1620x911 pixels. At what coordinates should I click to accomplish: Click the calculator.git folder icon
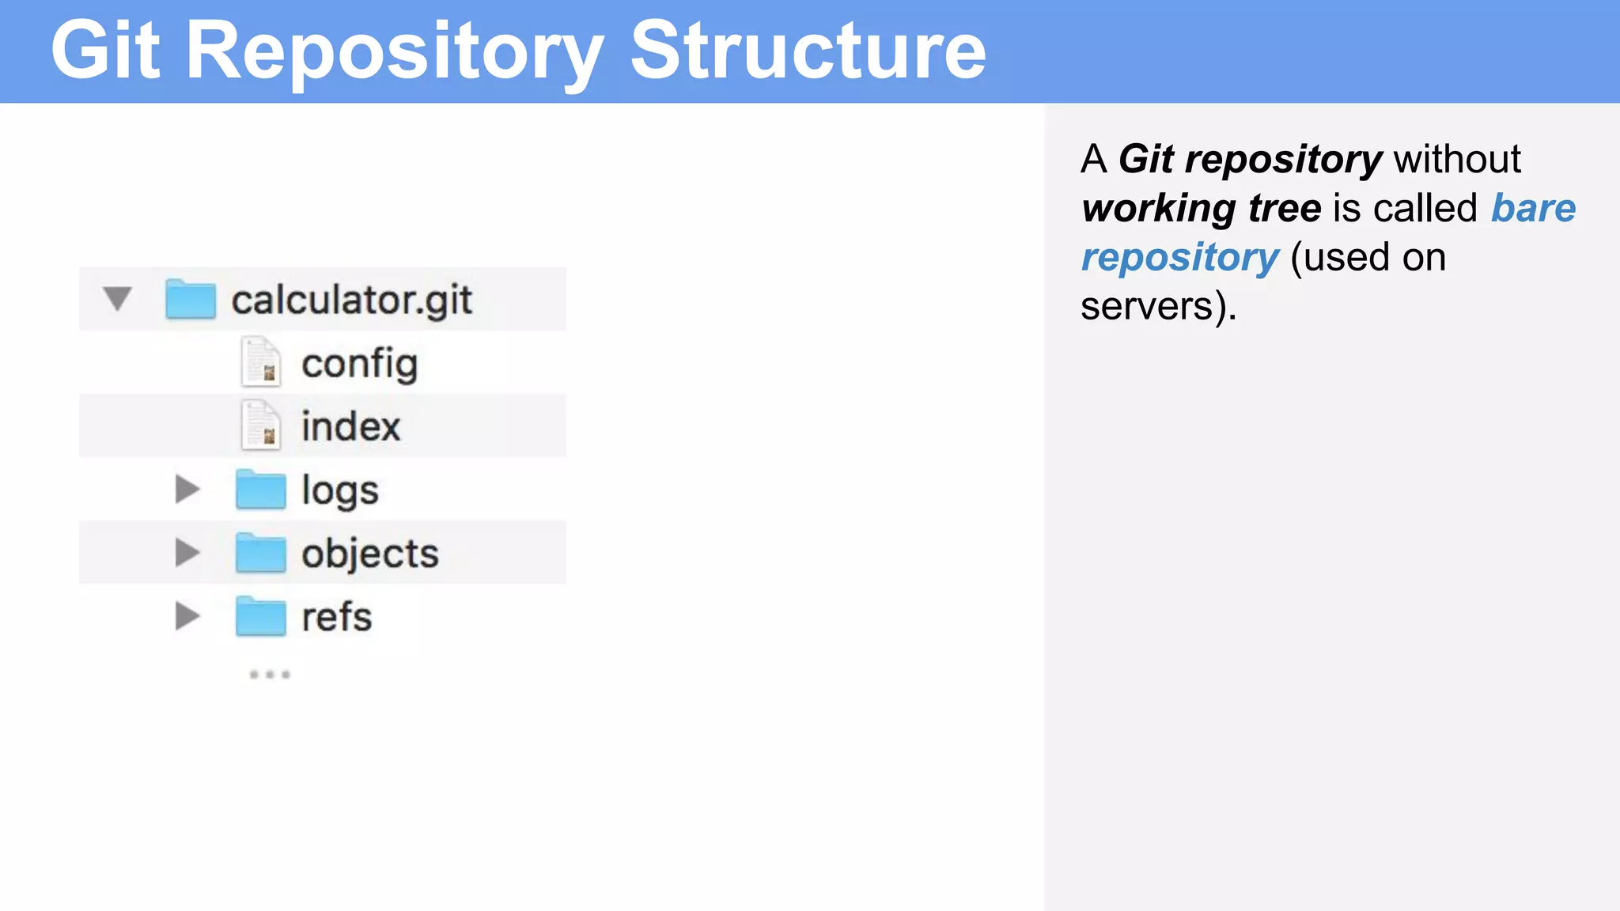pos(191,300)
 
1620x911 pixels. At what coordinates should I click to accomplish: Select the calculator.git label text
pos(351,301)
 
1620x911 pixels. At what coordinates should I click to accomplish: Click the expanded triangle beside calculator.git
pos(118,299)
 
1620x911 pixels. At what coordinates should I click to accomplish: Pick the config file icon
pos(260,362)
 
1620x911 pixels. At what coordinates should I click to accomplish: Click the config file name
pos(359,365)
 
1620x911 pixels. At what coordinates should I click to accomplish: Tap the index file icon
pos(260,425)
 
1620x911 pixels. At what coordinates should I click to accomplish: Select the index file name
pos(350,427)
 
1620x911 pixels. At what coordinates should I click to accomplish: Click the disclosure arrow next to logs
pos(187,490)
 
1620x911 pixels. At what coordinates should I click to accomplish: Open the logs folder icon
pos(260,490)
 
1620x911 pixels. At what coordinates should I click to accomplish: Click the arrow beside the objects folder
pos(187,553)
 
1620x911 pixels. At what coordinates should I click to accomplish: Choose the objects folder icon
pos(260,553)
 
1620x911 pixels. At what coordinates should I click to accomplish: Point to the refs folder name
pos(336,617)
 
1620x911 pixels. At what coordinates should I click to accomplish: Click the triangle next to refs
pos(187,616)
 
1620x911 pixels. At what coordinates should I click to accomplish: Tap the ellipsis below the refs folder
pos(270,675)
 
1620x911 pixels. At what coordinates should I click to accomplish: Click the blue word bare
pos(1533,209)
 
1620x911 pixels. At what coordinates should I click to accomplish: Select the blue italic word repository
pos(1179,259)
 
